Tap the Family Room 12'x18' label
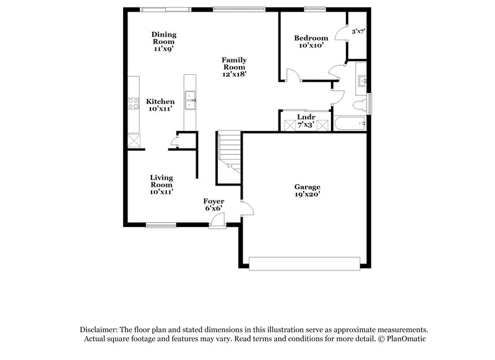235,67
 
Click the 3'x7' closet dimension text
358,31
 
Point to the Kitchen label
160,105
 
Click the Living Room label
161,184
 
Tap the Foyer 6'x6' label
213,205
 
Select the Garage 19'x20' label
307,190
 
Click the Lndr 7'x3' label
306,120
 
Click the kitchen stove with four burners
132,104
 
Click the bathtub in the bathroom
350,124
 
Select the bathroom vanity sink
361,81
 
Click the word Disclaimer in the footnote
99,330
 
